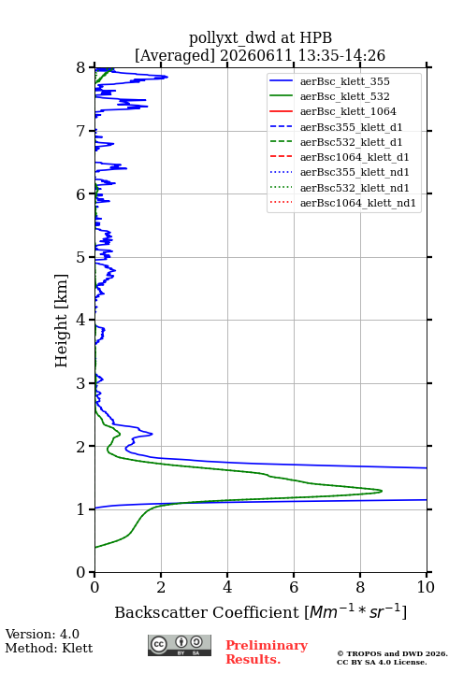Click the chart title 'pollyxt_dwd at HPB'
pos(260,37)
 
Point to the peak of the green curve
pos(382,491)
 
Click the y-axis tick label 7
pos(81,131)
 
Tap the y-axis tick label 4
pos(81,320)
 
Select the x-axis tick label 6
pos(294,587)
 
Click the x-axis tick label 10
pos(426,587)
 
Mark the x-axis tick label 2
pos(161,587)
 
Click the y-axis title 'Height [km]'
pos(62,321)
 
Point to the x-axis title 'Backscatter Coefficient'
pos(207,612)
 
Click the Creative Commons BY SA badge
pos(180,646)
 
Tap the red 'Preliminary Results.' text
pos(267,652)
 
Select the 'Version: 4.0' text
pos(42,634)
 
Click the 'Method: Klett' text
pos(49,648)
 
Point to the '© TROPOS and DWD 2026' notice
pos(392,653)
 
